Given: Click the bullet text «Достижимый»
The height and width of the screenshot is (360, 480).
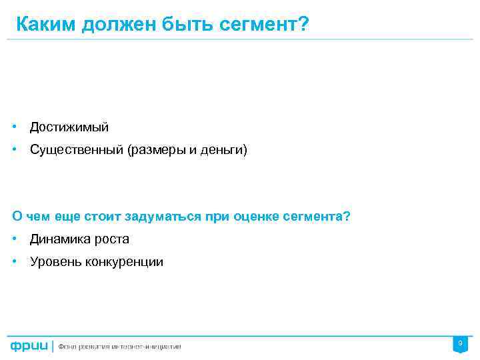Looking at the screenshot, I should point(69,127).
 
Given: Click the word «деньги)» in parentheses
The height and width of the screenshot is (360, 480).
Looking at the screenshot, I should point(227,150).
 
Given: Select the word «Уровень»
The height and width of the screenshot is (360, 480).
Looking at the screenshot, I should point(53,262).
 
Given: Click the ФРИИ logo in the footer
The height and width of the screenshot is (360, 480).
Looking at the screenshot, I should point(29,346).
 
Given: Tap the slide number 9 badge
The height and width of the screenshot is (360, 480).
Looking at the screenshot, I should point(459,343).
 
